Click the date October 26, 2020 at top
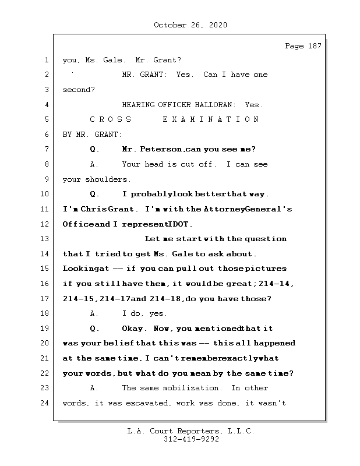(x=190, y=25)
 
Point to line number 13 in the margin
(x=45, y=239)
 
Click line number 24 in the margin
(x=45, y=403)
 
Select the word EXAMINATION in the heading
(x=211, y=119)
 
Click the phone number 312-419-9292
(x=190, y=440)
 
